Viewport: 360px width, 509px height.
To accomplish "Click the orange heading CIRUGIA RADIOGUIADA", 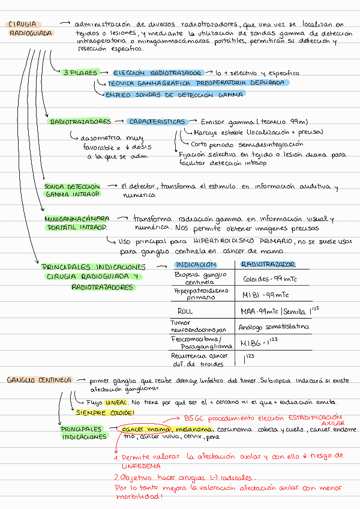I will click(x=31, y=29).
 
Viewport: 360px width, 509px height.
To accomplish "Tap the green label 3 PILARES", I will click(x=80, y=73).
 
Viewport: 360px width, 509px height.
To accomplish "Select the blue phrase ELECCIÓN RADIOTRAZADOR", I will click(x=157, y=73).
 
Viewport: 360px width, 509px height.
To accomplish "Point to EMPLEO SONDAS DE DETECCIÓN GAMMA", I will click(x=174, y=94).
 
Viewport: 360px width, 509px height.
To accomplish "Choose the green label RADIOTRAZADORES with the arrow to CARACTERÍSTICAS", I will click(x=80, y=121).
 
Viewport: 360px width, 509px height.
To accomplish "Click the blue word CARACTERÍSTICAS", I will click(x=157, y=121).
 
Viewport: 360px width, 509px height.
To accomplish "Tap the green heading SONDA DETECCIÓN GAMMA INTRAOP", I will click(x=72, y=190).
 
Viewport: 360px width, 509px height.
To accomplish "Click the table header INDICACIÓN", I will click(x=196, y=264).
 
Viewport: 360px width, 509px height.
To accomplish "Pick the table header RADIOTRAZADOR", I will click(x=268, y=264).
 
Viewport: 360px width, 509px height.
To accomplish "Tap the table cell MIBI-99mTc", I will click(x=265, y=295).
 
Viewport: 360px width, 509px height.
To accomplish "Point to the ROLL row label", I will click(x=185, y=311).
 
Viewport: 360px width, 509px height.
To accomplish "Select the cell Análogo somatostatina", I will click(x=273, y=327).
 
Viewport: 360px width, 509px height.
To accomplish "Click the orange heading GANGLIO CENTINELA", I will click(x=40, y=380).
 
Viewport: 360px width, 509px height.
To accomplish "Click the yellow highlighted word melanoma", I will click(x=194, y=430).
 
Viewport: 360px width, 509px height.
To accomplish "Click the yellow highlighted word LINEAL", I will click(x=116, y=402).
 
